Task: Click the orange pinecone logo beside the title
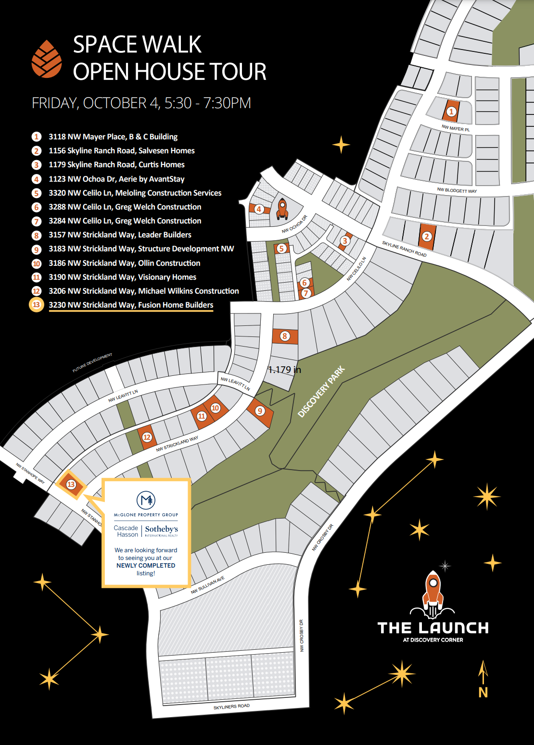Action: [x=47, y=59]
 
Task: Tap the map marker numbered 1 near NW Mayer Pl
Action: [x=451, y=112]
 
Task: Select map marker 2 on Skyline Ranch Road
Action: [x=426, y=236]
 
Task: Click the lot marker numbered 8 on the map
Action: [x=285, y=336]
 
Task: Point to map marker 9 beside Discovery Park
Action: [x=260, y=411]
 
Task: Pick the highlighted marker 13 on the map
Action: [x=71, y=484]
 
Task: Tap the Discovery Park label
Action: [x=321, y=392]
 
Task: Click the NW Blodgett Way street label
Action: [x=457, y=190]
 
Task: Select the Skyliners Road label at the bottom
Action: [x=231, y=707]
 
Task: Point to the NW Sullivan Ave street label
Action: [x=207, y=585]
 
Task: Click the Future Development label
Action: [x=92, y=363]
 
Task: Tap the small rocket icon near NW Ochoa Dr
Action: [x=282, y=209]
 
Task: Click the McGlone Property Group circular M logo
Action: [x=146, y=500]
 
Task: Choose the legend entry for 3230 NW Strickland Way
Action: [x=131, y=305]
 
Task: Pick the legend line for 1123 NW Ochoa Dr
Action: [x=116, y=179]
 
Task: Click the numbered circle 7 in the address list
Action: [x=37, y=221]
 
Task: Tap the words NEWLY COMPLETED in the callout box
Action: [x=146, y=566]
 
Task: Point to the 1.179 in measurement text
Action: [x=284, y=370]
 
